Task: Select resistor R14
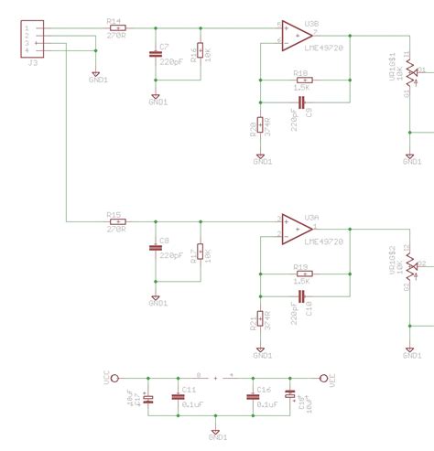pos(115,29)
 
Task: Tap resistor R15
pos(115,221)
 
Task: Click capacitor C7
pos(156,55)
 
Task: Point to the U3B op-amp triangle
pos(292,36)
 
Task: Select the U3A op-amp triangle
pos(292,230)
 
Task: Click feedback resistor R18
pos(302,81)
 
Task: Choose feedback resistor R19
pos(302,274)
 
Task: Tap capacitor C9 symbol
pos(302,102)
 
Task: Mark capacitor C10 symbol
pos(302,295)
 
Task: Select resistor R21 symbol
pos(261,318)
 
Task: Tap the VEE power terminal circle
pos(322,377)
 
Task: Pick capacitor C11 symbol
pos(176,395)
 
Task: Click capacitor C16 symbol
pos(252,395)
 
